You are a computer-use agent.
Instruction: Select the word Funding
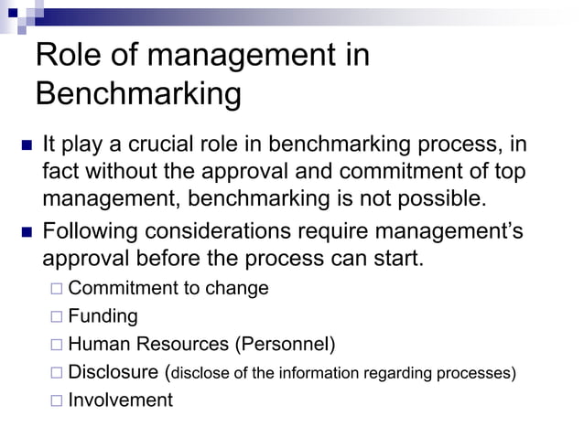coord(103,316)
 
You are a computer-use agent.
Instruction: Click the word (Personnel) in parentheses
coord(285,344)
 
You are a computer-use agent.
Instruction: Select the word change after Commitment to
coord(238,289)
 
